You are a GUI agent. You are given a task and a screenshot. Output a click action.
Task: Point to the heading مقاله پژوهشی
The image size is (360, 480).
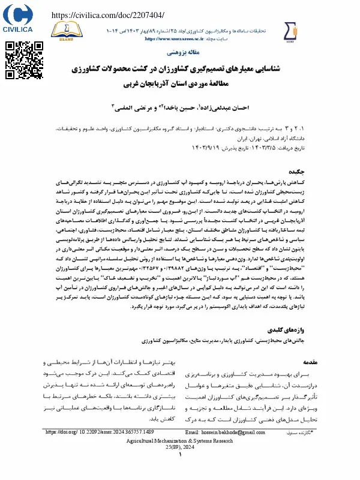[x=180, y=53]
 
